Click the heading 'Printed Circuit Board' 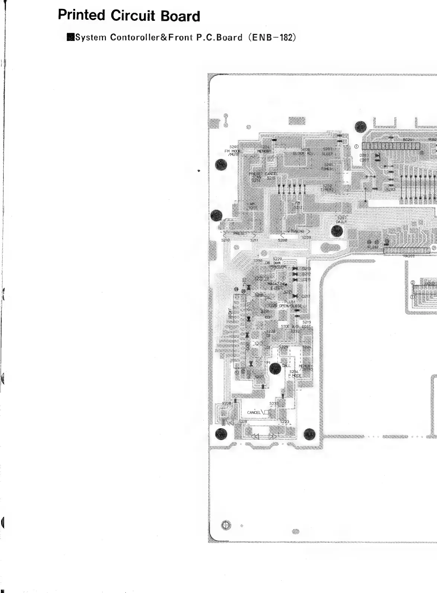pyautogui.click(x=129, y=16)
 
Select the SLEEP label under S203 pyautogui.click(x=327, y=154)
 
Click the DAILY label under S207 pyautogui.click(x=341, y=222)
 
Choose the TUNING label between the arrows pyautogui.click(x=297, y=231)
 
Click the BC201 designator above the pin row pyautogui.click(x=408, y=140)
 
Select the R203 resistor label pyautogui.click(x=391, y=189)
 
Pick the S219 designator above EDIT pyautogui.click(x=306, y=322)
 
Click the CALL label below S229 pyautogui.click(x=286, y=365)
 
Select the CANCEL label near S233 pyautogui.click(x=254, y=413)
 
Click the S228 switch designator pyautogui.click(x=226, y=403)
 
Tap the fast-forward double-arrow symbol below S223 pyautogui.click(x=272, y=436)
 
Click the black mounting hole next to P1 pyautogui.click(x=275, y=368)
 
